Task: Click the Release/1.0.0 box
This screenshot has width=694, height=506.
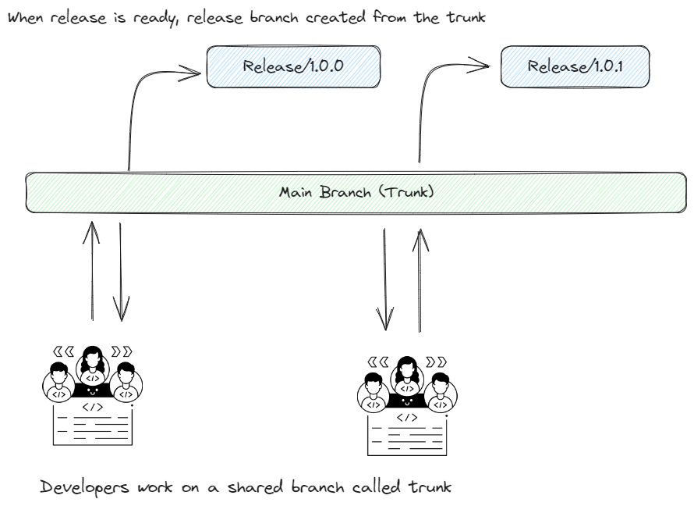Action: click(x=292, y=67)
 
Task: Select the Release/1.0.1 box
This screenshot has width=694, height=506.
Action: click(x=575, y=67)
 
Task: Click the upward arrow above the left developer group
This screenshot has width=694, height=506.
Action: click(x=94, y=269)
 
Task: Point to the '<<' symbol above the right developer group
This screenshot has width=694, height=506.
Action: click(x=377, y=361)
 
